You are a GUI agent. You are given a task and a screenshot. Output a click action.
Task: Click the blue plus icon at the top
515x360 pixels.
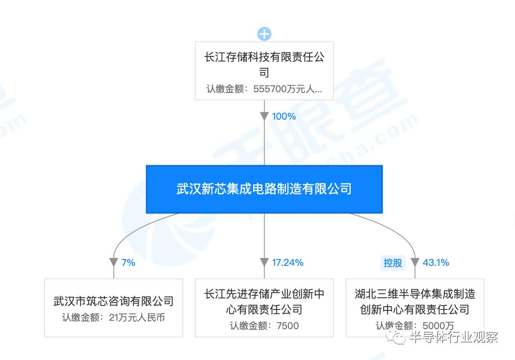tap(264, 34)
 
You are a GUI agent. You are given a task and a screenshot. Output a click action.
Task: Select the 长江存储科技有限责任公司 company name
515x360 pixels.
tap(264, 64)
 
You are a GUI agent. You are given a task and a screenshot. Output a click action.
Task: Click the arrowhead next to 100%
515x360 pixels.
tap(264, 117)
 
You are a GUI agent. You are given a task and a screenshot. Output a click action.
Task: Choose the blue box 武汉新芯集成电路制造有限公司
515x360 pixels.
tap(264, 189)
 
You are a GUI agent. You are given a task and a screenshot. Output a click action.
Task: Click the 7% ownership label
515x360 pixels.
tap(128, 262)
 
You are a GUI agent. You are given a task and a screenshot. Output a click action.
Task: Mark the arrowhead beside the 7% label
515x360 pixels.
tap(114, 263)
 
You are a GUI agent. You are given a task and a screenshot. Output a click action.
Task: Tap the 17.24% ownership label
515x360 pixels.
tap(288, 262)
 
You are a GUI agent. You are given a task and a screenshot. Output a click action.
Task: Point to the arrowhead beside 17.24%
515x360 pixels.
tap(264, 263)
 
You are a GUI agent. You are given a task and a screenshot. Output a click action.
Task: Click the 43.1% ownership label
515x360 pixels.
tap(436, 262)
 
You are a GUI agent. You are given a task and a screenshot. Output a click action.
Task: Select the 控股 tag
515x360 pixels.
tap(393, 262)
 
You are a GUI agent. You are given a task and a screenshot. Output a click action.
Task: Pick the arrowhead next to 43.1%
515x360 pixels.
tap(415, 263)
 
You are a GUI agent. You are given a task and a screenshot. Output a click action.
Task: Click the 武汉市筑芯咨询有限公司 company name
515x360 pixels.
tap(113, 301)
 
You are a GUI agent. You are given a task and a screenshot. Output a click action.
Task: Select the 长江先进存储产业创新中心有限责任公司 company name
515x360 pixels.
tap(264, 302)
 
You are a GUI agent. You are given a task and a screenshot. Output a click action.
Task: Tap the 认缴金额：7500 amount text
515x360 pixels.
tap(264, 326)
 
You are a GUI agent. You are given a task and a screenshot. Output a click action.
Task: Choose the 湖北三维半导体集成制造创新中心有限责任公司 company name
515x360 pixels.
tap(415, 302)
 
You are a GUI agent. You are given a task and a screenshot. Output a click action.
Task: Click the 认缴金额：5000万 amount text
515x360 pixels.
tap(415, 326)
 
